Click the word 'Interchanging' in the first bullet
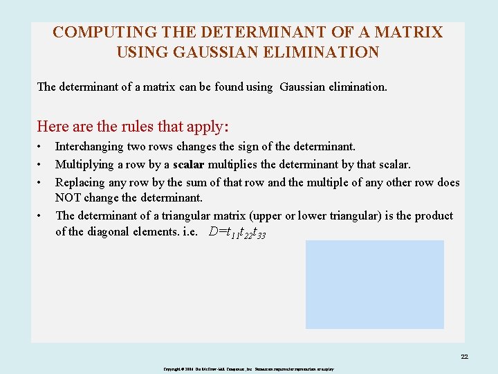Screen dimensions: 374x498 [88, 147]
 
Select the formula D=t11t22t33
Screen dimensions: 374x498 [237, 233]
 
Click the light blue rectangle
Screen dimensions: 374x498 [374, 284]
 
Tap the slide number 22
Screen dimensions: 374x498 [464, 357]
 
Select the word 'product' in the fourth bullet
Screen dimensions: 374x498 [433, 216]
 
